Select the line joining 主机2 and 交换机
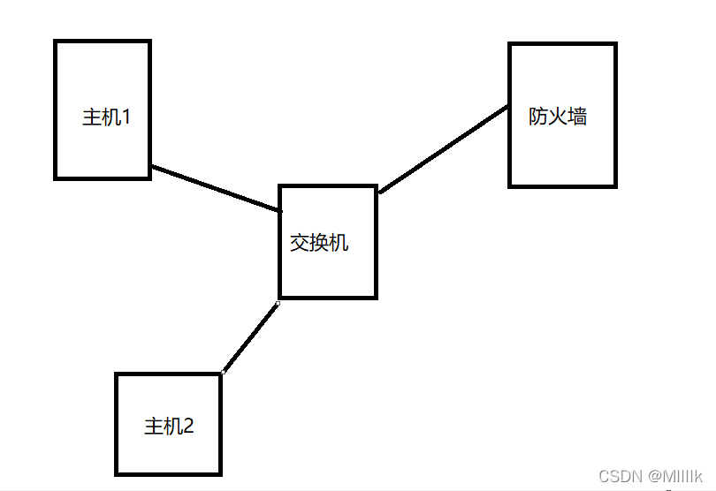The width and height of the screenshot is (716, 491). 250,337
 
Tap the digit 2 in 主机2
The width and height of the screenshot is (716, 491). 187,427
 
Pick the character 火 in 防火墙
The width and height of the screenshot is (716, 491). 559,116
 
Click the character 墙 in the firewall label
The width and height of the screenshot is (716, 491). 578,116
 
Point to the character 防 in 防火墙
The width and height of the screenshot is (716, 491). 539,116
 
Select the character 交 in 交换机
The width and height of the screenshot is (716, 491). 300,242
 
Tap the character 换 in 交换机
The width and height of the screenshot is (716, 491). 319,242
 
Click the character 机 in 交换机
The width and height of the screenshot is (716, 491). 339,242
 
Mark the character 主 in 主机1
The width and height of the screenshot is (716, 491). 92,117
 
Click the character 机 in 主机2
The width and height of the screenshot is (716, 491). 172,427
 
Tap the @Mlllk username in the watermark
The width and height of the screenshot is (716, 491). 675,476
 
